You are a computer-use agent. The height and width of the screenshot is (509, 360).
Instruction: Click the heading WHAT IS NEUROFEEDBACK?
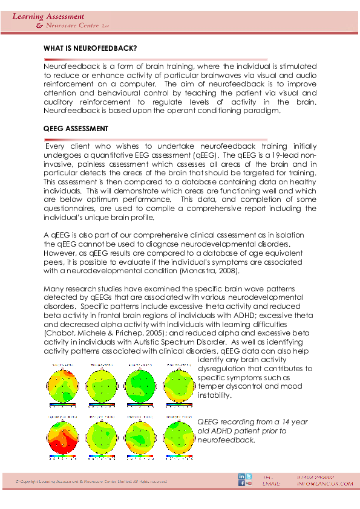coord(90,47)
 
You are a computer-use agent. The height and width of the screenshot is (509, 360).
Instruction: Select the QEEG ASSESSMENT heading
coord(76,129)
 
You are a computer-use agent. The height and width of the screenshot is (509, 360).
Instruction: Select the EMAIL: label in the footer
coord(272,484)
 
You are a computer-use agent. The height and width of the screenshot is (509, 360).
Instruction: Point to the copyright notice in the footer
coord(91,481)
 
